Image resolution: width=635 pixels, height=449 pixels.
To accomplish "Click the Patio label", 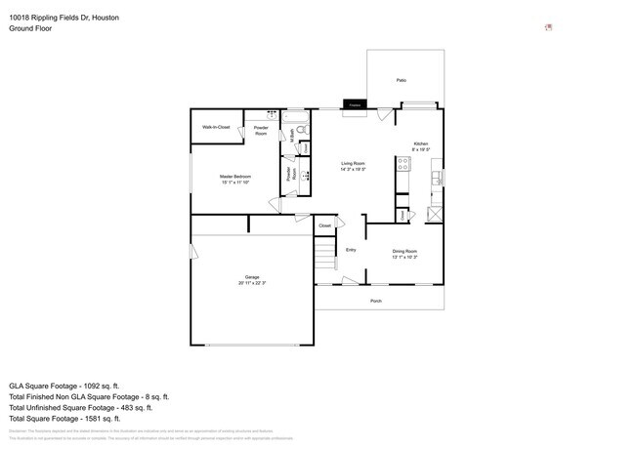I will pos(402,80).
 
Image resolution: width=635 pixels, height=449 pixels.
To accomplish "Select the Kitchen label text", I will pos(420,143).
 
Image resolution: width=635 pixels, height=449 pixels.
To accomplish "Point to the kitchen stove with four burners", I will pos(402,164).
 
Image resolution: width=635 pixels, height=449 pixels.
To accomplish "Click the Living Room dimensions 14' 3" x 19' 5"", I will pos(353,170).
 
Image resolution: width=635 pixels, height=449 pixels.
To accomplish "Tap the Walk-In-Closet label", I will pos(216,127).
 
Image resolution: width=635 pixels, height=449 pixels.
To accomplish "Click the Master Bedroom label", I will pos(235,176).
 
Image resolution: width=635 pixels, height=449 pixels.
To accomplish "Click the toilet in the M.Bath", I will pos(302,129).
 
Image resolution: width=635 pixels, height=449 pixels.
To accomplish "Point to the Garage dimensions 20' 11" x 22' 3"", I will pos(252,283).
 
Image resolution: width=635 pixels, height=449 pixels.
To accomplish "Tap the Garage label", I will pos(252,277).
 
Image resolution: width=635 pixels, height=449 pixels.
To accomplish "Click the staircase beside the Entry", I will pos(323,262).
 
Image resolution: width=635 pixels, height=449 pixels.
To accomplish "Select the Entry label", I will pos(351,250).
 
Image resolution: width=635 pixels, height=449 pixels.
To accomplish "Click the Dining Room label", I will pos(404,251).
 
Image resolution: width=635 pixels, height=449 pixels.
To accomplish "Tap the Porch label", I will pos(376,301).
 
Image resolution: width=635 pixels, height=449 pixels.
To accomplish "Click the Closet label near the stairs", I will pos(324,225).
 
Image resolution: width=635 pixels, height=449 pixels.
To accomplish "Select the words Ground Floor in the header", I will pos(30,28).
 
